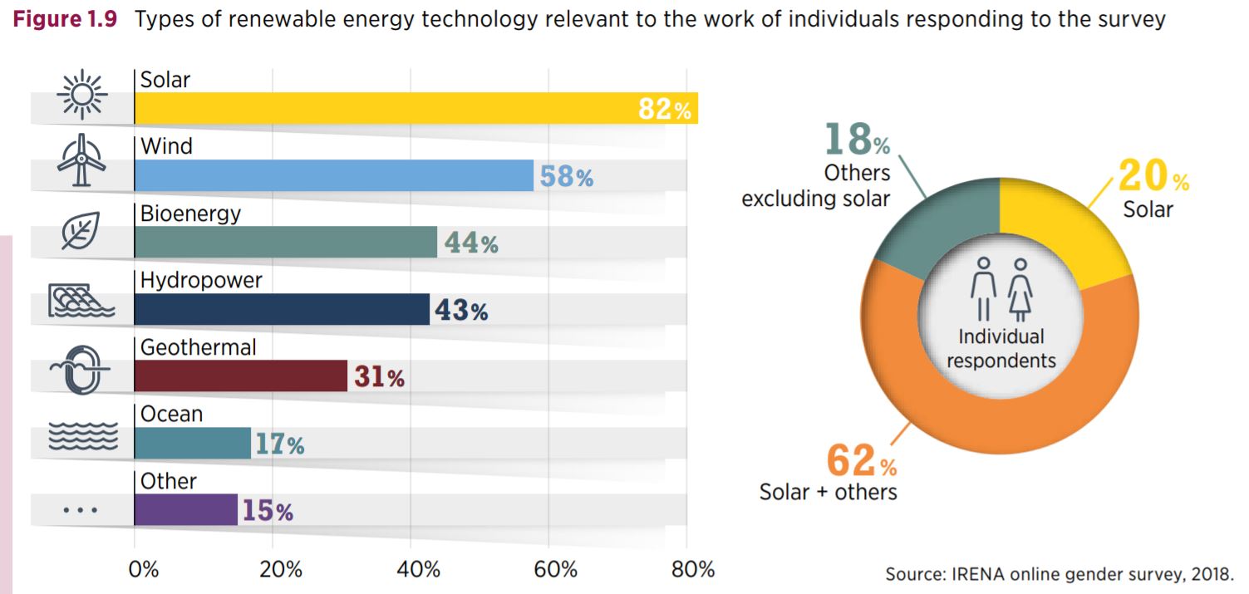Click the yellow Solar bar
[x=382, y=108]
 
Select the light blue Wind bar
[x=332, y=175]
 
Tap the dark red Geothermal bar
[x=240, y=376]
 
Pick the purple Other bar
[x=185, y=509]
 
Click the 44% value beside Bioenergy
[x=470, y=243]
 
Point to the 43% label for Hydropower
[x=460, y=311]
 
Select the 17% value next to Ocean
[x=279, y=444]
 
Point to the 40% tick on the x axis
[x=418, y=570]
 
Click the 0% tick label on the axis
[x=143, y=570]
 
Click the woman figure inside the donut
[x=1020, y=288]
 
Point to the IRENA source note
[x=1059, y=574]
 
